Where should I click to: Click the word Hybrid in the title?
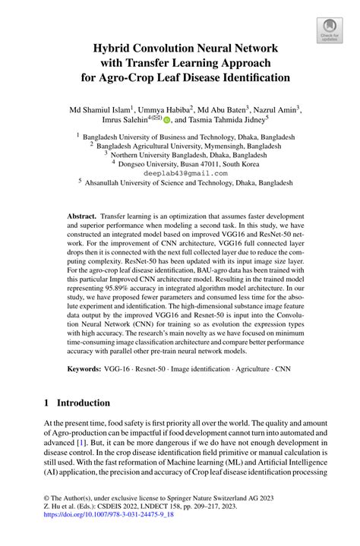tap(115, 48)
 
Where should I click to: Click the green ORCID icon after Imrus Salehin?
tap(167, 120)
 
